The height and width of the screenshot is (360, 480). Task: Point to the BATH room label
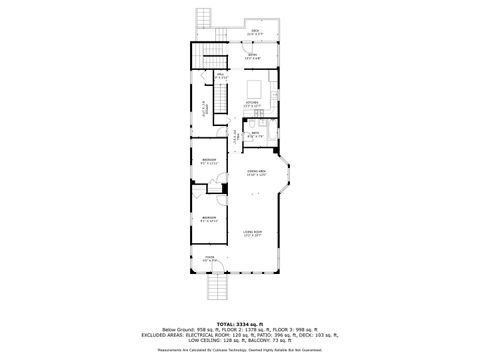tap(255, 133)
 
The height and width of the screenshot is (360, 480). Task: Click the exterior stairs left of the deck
tap(207, 19)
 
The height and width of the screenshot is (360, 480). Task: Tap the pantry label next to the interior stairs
tap(223, 76)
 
